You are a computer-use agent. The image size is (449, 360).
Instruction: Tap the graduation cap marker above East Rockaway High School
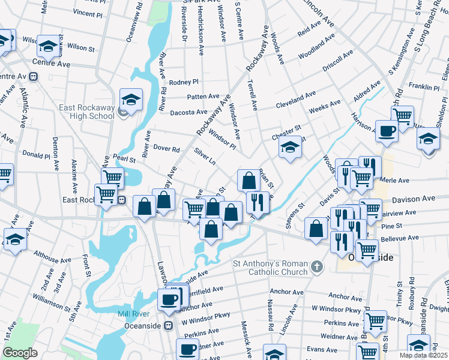[130, 99]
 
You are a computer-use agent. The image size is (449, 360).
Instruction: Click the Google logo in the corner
[20, 353]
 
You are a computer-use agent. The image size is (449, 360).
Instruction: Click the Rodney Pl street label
[183, 82]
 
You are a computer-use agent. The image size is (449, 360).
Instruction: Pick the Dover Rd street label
[167, 149]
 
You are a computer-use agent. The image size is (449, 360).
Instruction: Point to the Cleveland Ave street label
[295, 100]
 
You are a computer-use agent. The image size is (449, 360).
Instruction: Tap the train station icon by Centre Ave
[33, 77]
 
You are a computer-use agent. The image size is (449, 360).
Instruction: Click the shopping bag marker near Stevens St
[315, 229]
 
